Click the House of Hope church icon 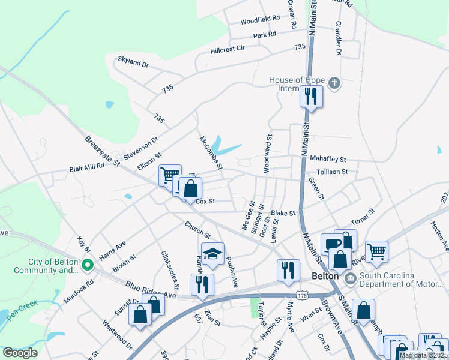[335, 83]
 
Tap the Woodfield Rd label [261, 20]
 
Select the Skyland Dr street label [133, 61]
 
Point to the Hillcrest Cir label [228, 49]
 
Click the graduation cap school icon [212, 254]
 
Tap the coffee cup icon [331, 244]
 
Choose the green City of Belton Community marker [87, 264]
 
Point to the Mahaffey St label [328, 160]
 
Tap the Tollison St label [332, 172]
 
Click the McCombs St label [211, 152]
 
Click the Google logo [20, 353]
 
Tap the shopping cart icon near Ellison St [169, 175]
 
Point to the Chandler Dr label [339, 39]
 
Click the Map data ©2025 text [423, 355]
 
